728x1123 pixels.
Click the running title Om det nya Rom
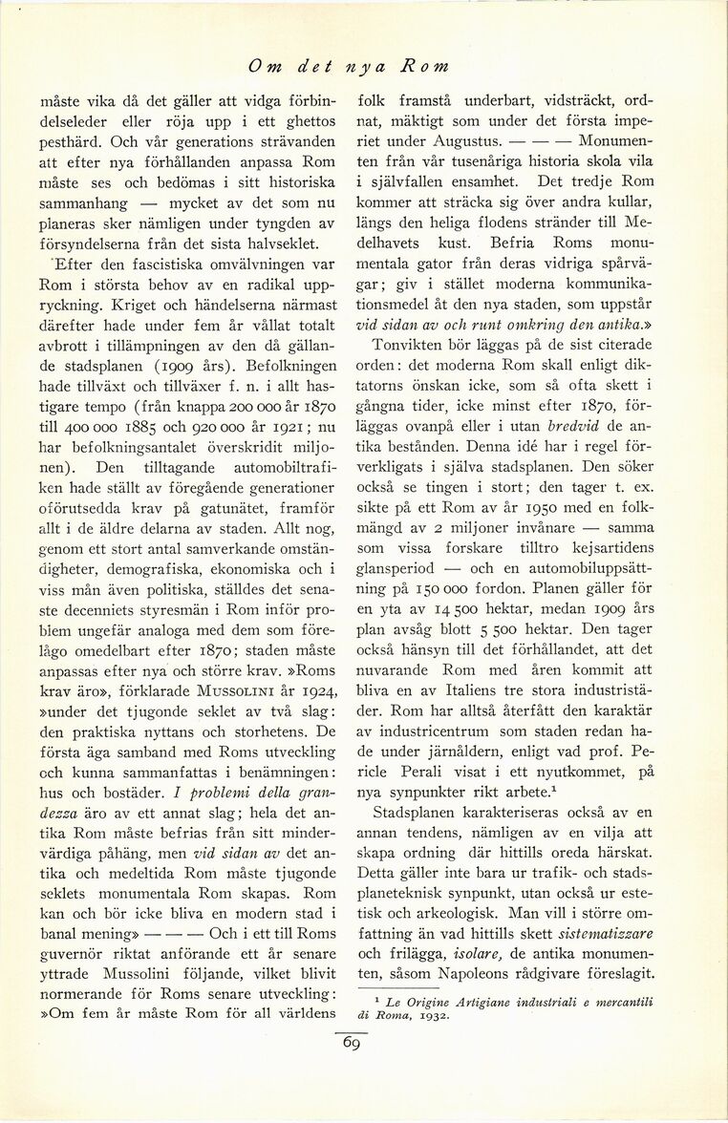click(348, 66)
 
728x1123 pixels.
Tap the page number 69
click(350, 1043)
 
